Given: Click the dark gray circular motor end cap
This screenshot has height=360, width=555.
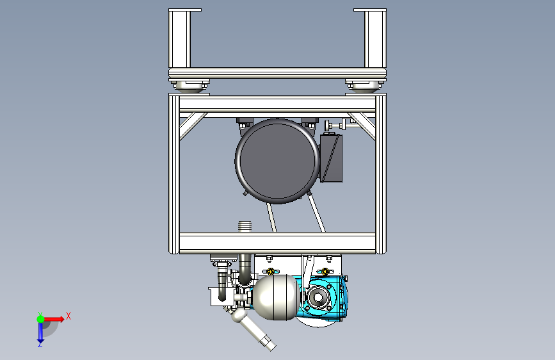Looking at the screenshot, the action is click(x=277, y=161).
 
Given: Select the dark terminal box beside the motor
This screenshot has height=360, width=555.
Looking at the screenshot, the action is click(x=332, y=158).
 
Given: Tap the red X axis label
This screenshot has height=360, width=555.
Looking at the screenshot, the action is click(x=68, y=316).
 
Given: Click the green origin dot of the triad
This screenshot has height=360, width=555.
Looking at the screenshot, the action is click(x=40, y=319).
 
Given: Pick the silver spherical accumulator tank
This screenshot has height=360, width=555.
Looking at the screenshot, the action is click(x=276, y=297).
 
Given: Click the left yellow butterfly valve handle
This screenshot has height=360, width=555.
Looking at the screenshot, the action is click(x=270, y=272).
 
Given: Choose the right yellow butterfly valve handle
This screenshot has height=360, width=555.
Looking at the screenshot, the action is click(x=325, y=272).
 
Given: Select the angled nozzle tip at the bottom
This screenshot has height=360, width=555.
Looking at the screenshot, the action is click(x=268, y=343).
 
